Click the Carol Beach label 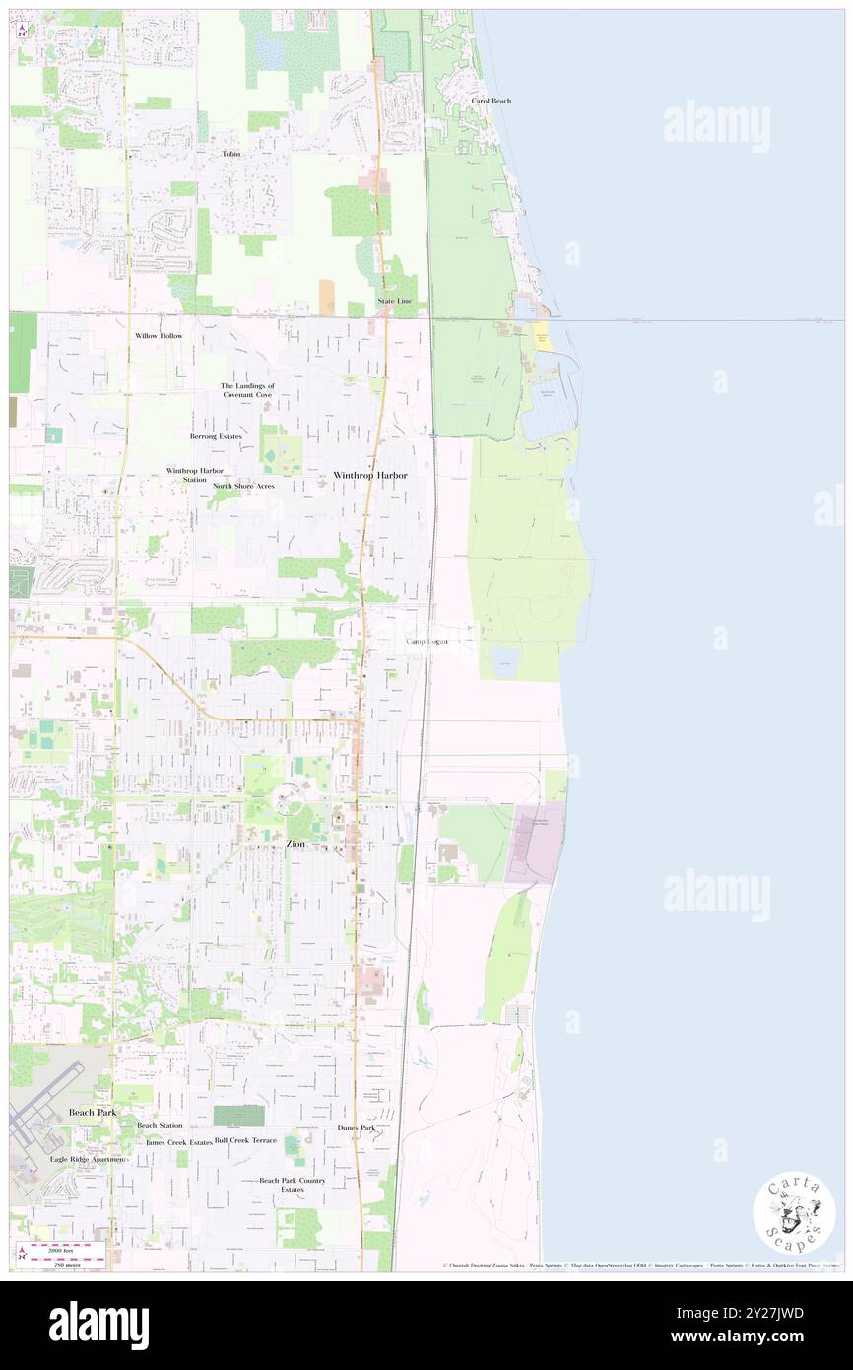(x=491, y=101)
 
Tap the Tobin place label (x=231, y=154)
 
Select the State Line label (x=395, y=300)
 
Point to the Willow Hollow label (x=159, y=336)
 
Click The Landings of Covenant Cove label (x=246, y=390)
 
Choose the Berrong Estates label (x=216, y=435)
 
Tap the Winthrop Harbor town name (x=369, y=475)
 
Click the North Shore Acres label (x=243, y=486)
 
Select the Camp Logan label (x=427, y=642)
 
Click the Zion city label (x=295, y=845)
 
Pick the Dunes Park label (x=356, y=1127)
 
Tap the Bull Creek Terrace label (x=245, y=1140)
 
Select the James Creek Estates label (x=178, y=1141)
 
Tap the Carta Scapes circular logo (x=794, y=1214)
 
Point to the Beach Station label (x=160, y=1125)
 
